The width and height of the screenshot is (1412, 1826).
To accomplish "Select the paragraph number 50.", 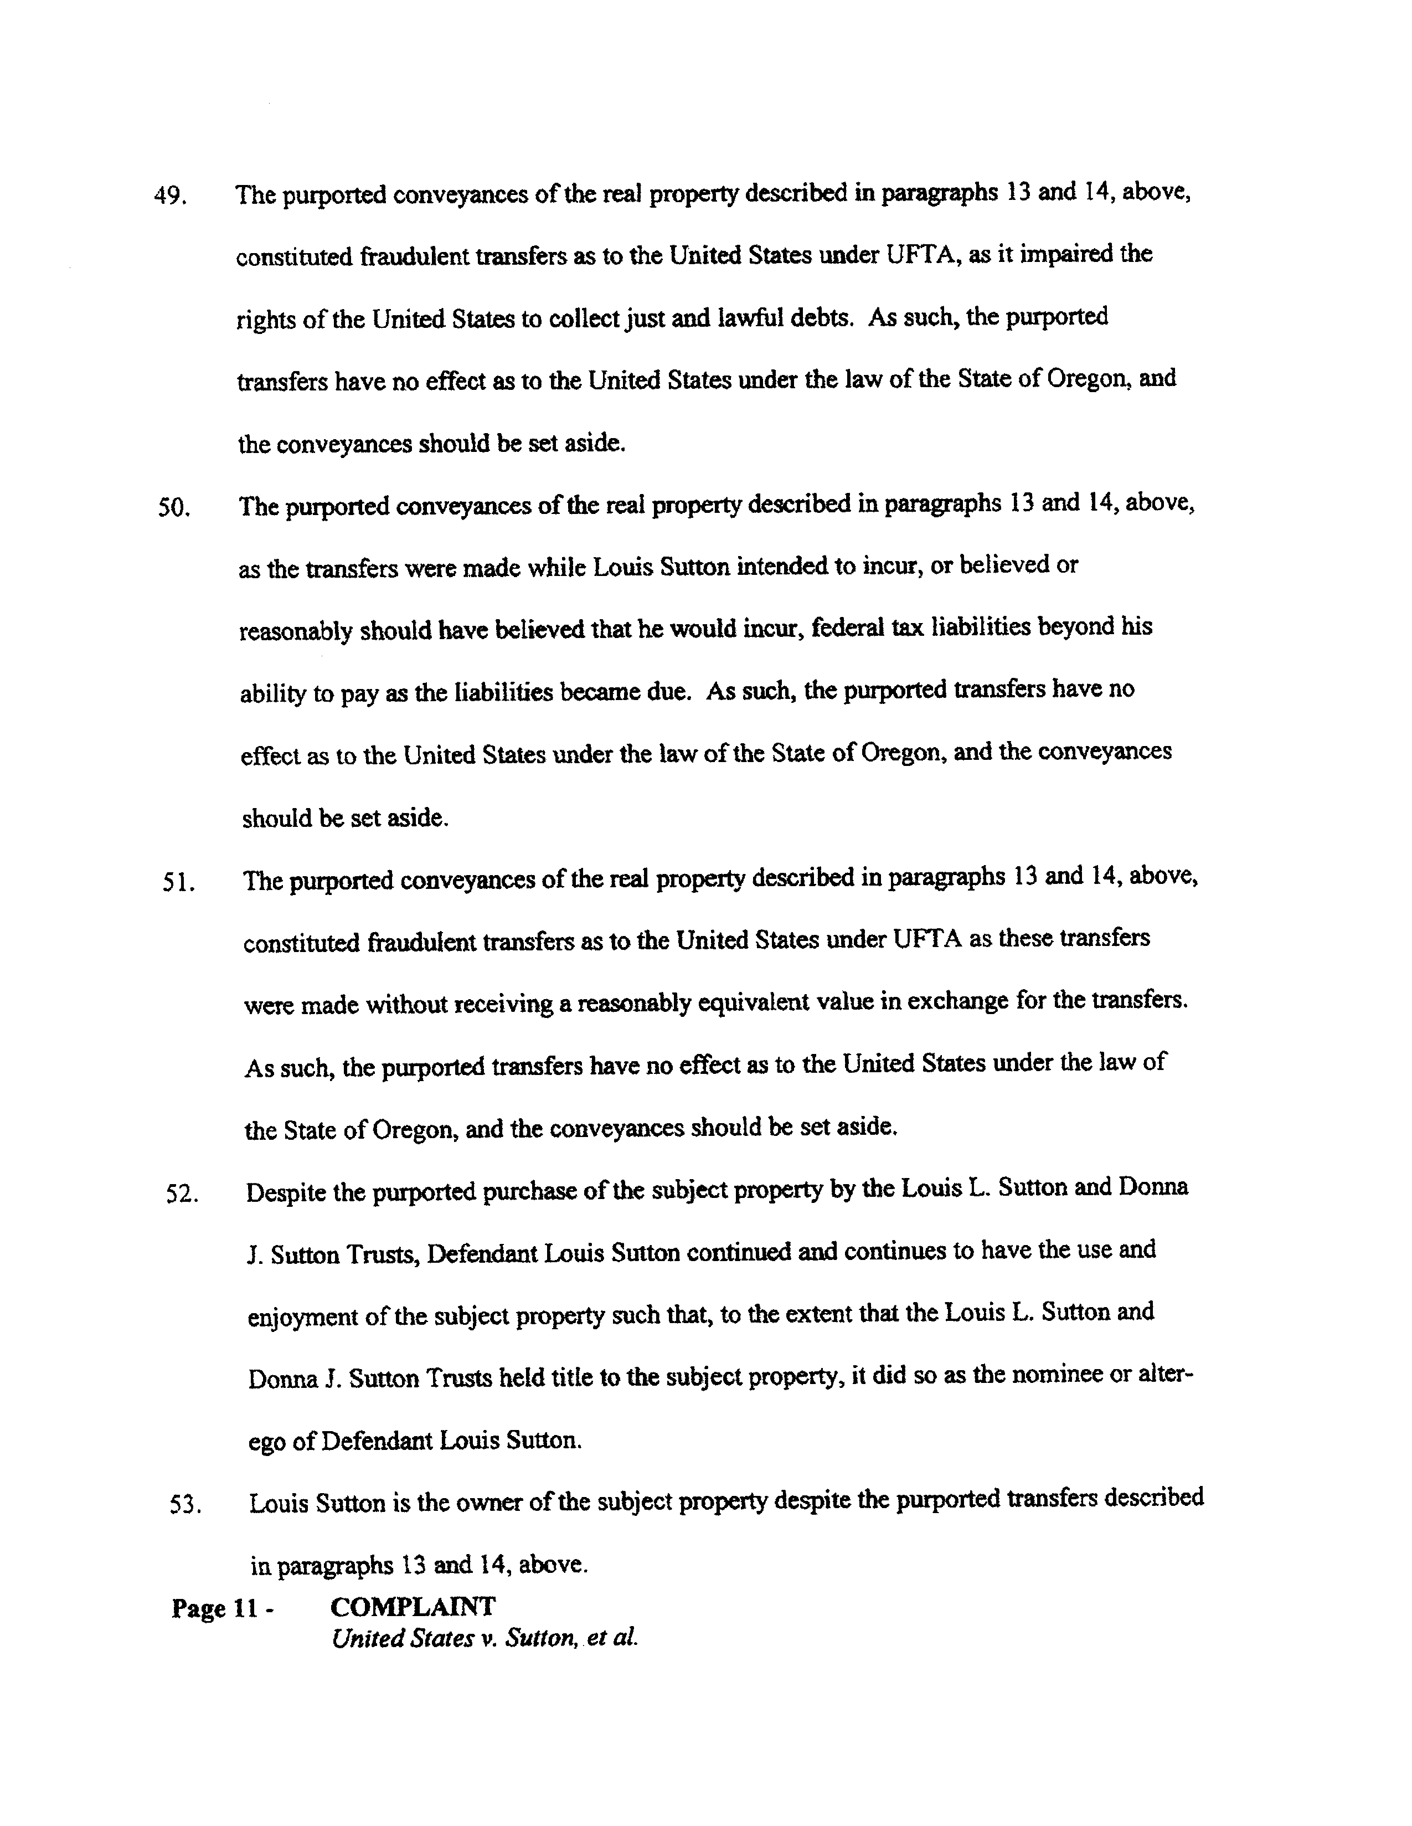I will point(174,508).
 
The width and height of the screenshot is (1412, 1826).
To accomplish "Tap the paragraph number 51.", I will point(179,883).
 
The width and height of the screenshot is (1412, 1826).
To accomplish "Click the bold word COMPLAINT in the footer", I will point(412,1606).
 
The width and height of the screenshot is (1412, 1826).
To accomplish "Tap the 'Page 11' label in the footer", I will point(214,1608).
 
